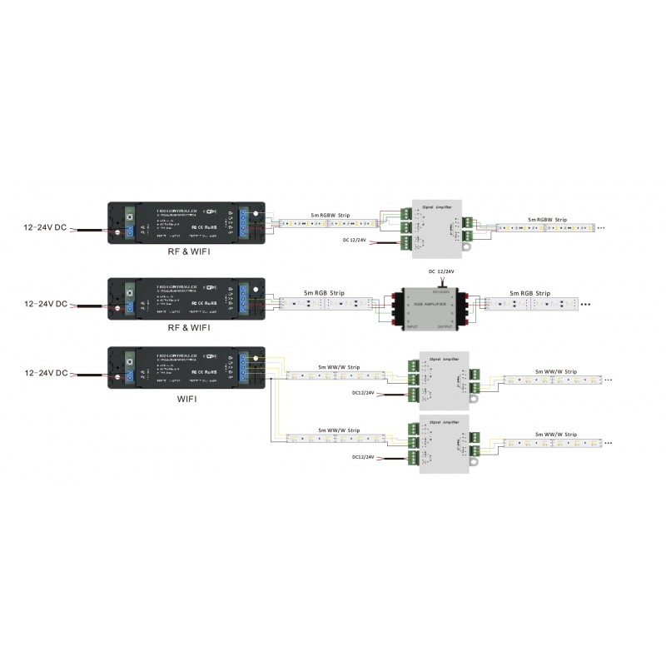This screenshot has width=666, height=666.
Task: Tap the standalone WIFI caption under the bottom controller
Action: (x=187, y=399)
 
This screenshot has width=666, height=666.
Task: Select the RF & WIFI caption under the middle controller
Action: (x=187, y=327)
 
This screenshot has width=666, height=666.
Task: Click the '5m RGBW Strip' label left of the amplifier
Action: (x=331, y=215)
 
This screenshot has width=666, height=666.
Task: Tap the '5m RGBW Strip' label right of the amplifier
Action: (x=547, y=220)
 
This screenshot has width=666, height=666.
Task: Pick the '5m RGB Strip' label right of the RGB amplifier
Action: (x=531, y=293)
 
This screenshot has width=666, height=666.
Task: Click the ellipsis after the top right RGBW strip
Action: (x=601, y=227)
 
